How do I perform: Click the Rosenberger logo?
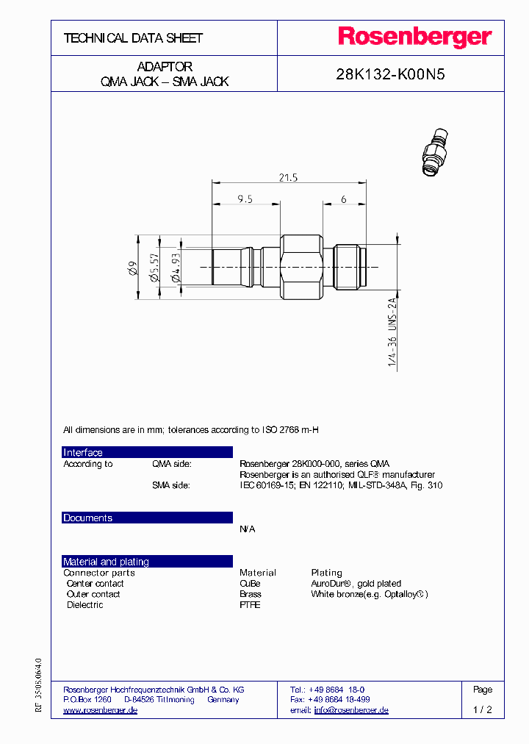[x=414, y=37]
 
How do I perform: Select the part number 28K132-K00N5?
[x=390, y=74]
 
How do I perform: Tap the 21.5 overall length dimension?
[x=288, y=177]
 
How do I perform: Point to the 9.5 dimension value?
[x=245, y=199]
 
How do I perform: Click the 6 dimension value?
[x=343, y=199]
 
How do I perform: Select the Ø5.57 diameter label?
[x=154, y=268]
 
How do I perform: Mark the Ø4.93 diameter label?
[x=175, y=268]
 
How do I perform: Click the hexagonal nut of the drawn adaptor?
[x=302, y=268]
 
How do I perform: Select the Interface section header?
[x=83, y=453]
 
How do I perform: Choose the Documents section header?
[x=88, y=518]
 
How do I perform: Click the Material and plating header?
[x=106, y=562]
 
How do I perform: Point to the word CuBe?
[x=250, y=583]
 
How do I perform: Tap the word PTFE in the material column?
[x=250, y=605]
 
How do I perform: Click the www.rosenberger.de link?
[x=101, y=710]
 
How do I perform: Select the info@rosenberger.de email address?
[x=351, y=710]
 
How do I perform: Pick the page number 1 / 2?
[x=483, y=710]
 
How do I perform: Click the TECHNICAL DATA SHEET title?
[x=133, y=37]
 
